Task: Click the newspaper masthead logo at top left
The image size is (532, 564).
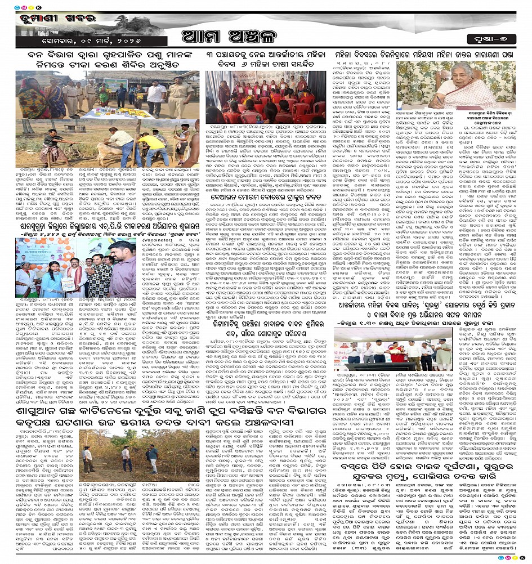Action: pyautogui.click(x=50, y=26)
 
